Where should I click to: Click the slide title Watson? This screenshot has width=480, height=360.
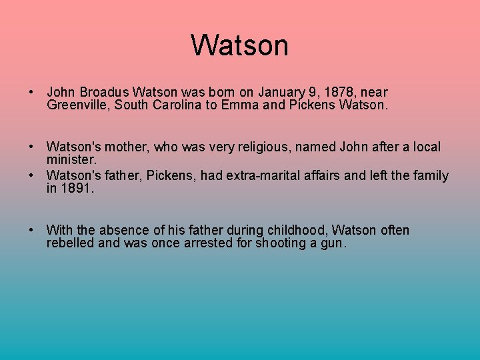click(239, 45)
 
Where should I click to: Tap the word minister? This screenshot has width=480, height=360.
click(71, 160)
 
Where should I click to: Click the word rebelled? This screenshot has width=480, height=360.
click(70, 243)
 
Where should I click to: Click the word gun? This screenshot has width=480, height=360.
click(330, 243)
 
